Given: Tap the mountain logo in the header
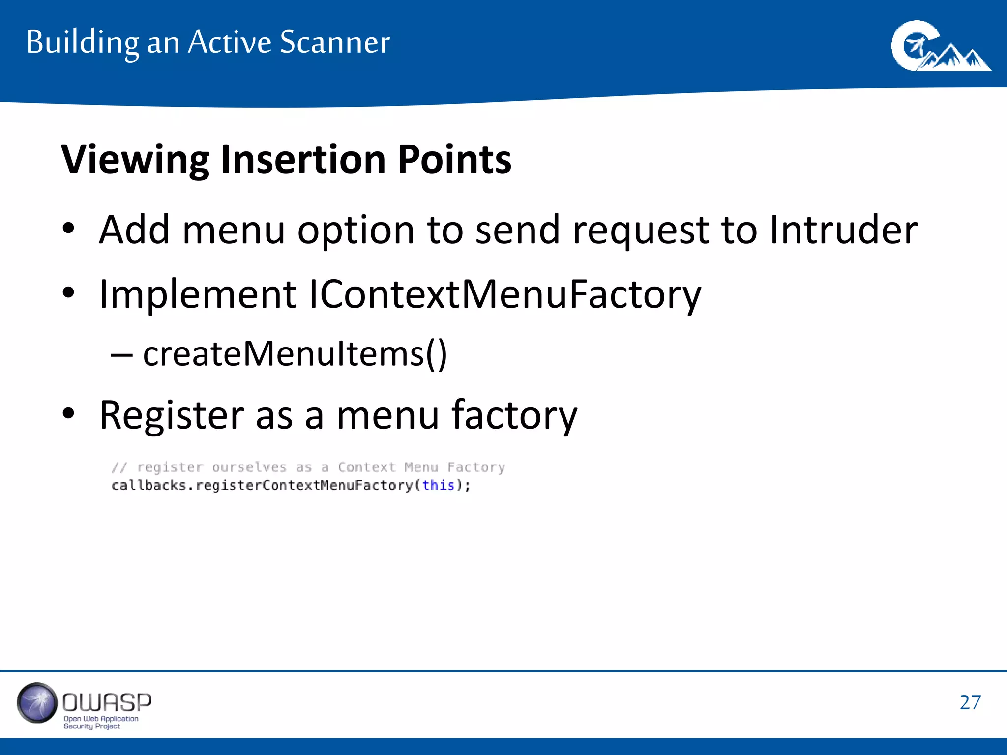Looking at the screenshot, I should click(940, 46).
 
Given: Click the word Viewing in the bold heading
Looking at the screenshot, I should click(135, 160).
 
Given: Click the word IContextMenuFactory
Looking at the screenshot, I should click(504, 294).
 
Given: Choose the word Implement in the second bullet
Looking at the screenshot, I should click(198, 294).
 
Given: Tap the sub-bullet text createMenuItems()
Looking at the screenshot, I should click(295, 353).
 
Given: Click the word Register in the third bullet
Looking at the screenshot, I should click(172, 415).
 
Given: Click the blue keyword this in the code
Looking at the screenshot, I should click(438, 485).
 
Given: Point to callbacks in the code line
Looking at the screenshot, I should click(149, 485).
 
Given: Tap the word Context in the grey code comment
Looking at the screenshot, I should click(367, 467).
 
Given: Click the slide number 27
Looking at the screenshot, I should click(970, 702).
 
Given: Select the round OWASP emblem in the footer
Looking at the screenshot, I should click(37, 703).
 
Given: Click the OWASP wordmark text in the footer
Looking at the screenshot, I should click(107, 703).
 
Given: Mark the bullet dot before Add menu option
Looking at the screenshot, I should click(68, 229).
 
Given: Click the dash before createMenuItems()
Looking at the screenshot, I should click(121, 354).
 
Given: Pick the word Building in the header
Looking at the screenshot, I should click(83, 42).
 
